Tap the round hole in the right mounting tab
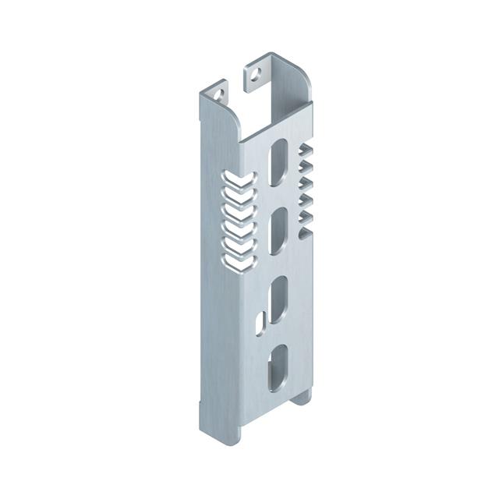coord(255,76)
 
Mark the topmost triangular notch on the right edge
coord(306,150)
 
